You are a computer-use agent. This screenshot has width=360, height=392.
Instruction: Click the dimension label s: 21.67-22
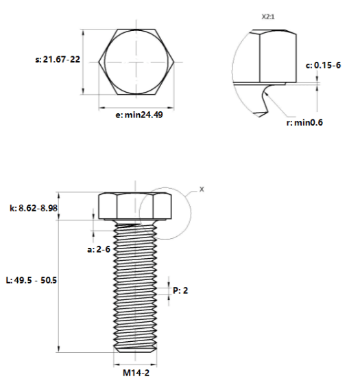(58, 60)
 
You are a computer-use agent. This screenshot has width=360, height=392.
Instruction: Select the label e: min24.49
(139, 115)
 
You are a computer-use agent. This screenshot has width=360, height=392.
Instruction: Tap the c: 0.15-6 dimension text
(323, 65)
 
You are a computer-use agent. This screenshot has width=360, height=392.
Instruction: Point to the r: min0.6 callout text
(304, 122)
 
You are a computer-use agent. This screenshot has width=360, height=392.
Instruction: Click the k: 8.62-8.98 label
(34, 208)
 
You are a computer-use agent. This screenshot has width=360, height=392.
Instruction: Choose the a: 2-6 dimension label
(99, 249)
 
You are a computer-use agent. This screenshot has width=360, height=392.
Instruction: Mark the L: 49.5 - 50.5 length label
(32, 280)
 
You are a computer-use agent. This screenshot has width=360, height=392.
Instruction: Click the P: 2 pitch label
(180, 290)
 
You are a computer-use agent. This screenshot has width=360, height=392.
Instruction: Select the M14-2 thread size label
(136, 373)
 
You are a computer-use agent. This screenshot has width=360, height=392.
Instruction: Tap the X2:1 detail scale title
(268, 16)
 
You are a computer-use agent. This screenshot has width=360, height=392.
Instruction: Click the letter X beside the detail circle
(202, 189)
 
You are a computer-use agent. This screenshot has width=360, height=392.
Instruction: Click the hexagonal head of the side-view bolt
(135, 206)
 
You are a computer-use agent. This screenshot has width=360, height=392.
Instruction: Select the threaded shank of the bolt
(135, 285)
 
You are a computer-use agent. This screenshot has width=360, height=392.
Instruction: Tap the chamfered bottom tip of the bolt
(135, 350)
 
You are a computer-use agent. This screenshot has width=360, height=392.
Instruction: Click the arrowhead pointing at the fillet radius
(265, 93)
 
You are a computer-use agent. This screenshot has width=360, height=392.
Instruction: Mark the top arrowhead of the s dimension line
(83, 32)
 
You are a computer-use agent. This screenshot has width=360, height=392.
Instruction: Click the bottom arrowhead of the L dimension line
(59, 349)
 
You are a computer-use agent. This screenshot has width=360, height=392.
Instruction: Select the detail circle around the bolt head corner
(191, 214)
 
